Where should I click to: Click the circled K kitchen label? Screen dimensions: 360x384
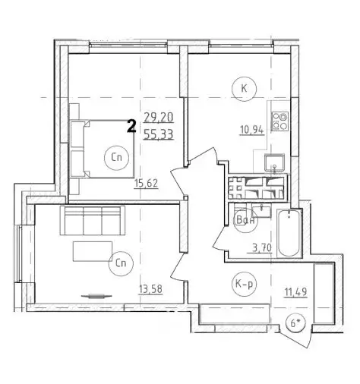pos(244,89)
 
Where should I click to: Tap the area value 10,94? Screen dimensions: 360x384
pos(252,131)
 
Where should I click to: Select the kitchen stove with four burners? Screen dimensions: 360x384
pos(280,121)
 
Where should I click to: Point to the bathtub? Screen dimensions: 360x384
pos(289,233)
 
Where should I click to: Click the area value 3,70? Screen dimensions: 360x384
pos(262,247)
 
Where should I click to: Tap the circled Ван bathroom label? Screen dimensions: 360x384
pos(245,220)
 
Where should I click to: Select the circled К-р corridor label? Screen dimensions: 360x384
pos(244,285)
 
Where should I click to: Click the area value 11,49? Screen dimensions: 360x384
pos(295,292)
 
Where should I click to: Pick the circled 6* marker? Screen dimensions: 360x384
pos(295,323)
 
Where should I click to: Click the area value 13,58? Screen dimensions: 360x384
pos(150,288)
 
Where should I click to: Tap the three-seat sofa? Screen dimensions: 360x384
pos(93,220)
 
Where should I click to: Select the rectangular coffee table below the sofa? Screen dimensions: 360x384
pos(93,251)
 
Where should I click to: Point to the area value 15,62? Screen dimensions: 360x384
pos(147,184)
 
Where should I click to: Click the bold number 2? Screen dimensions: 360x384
pos(131,127)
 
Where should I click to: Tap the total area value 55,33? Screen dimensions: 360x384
pos(159,134)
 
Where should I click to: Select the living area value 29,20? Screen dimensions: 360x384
pos(159,118)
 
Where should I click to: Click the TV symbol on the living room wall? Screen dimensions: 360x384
pos(96,296)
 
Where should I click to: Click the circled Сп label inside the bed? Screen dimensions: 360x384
pos(116,158)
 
